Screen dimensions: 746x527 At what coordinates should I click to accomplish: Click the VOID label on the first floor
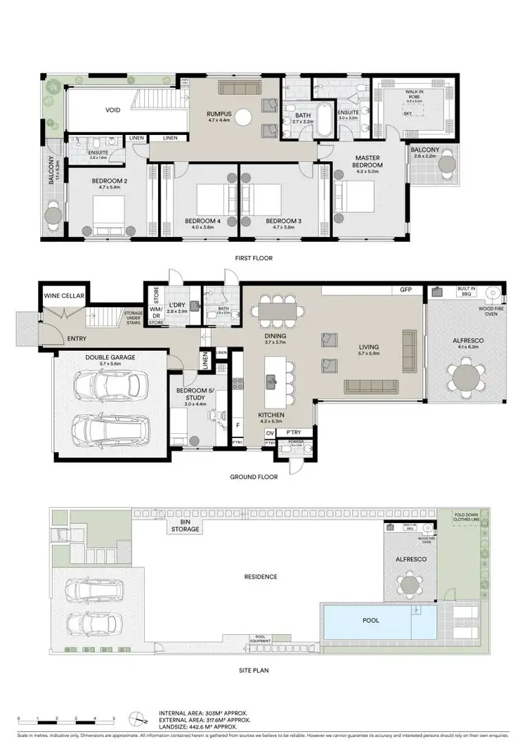click(113, 110)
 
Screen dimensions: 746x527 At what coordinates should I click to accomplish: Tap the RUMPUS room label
click(219, 116)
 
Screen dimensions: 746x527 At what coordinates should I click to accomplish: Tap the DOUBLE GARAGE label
click(110, 357)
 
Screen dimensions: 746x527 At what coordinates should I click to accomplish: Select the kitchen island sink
click(271, 381)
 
